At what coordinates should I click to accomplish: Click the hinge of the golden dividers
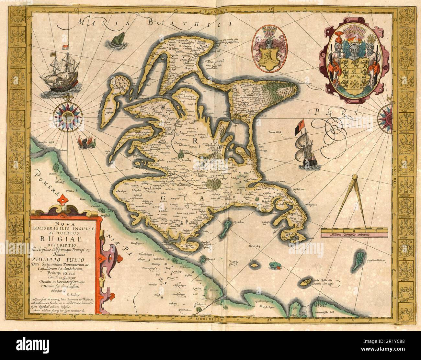(355, 177)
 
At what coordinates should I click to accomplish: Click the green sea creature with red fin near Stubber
(276, 266)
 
